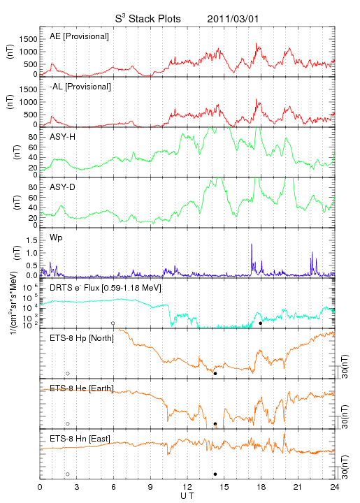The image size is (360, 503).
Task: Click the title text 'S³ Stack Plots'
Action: [x=148, y=19]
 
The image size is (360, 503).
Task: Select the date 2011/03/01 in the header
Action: [x=233, y=19]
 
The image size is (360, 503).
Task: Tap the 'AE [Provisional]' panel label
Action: [x=79, y=36]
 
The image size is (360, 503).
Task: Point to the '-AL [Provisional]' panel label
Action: [x=80, y=87]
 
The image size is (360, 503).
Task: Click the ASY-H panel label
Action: [x=63, y=137]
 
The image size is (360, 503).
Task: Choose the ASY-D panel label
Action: [x=62, y=187]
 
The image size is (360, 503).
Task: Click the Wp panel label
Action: [x=56, y=238]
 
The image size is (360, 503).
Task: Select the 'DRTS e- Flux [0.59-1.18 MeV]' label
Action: [x=106, y=288]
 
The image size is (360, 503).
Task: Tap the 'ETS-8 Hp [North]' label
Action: [x=82, y=338]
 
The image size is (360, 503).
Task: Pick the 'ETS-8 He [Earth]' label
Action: [x=82, y=388]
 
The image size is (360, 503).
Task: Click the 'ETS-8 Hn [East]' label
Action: [x=80, y=439]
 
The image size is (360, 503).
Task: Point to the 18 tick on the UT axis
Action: [x=261, y=487]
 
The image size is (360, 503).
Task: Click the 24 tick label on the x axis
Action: [x=335, y=487]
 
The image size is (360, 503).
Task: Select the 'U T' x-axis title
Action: [x=187, y=496]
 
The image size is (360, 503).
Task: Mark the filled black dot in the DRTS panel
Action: [x=261, y=323]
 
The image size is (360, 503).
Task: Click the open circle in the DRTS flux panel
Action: [x=113, y=323]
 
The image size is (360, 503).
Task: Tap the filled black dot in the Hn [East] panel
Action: [x=215, y=474]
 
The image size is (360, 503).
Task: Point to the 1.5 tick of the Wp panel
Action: [x=33, y=240]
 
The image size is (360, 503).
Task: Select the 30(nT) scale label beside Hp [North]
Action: [x=345, y=367]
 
